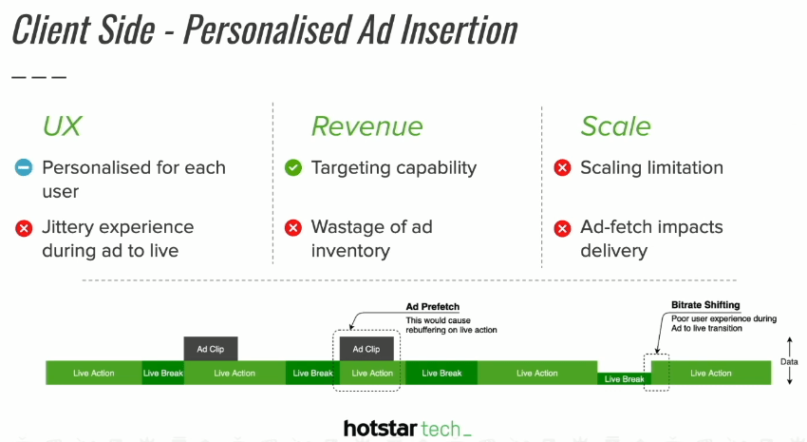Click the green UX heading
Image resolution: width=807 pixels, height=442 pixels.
[62, 125]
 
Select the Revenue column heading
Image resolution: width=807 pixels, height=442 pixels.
[367, 126]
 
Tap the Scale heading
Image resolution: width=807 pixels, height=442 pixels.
[615, 126]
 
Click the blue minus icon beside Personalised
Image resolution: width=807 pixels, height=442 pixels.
[24, 167]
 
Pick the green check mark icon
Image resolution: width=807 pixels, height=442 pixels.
[293, 167]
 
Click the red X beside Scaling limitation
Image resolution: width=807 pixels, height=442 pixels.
[563, 167]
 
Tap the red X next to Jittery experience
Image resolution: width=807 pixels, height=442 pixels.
[24, 228]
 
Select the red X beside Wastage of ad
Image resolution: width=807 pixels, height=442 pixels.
[293, 227]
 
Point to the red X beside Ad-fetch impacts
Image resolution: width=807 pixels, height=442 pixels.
[563, 228]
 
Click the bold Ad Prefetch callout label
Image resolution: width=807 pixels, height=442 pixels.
[432, 306]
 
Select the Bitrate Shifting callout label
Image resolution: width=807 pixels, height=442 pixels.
[705, 305]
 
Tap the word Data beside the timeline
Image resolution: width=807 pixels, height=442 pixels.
[789, 361]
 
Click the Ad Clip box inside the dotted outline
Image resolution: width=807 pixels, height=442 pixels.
[366, 349]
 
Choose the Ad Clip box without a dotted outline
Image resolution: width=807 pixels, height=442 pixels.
[211, 349]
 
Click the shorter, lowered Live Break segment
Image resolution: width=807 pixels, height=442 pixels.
[625, 378]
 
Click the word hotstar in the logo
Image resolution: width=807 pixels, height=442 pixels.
[380, 428]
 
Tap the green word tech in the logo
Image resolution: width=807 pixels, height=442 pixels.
[441, 429]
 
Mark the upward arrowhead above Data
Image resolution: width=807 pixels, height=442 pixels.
[790, 340]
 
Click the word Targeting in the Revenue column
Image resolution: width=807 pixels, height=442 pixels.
[351, 168]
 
